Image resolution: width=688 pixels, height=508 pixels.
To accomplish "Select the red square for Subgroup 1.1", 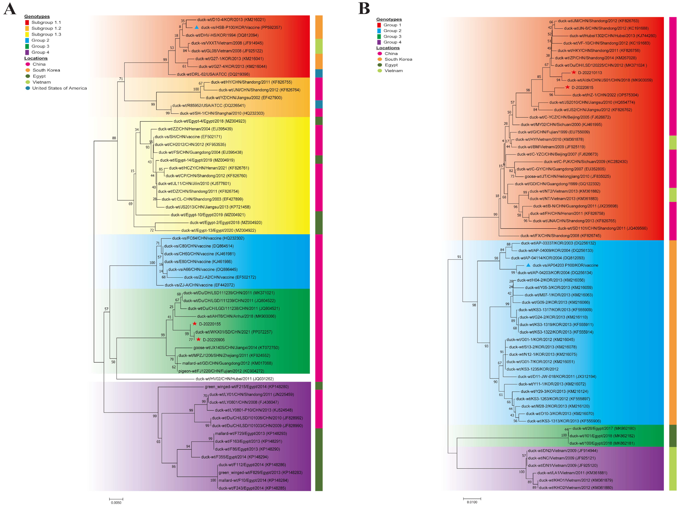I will tap(27, 22).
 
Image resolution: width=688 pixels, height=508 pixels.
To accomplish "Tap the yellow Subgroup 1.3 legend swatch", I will tap(27, 34).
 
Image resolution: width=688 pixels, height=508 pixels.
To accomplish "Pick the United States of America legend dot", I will tap(28, 88).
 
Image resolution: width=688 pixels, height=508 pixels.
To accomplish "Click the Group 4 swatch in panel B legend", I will tap(379, 42).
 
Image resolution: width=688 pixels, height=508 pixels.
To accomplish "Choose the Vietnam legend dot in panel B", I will tap(380, 71).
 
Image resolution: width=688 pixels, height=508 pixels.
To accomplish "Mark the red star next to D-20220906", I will tap(198, 340).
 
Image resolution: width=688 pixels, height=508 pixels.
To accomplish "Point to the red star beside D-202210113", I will tap(574, 72).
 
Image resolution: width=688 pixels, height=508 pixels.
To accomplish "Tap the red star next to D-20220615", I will tap(567, 87).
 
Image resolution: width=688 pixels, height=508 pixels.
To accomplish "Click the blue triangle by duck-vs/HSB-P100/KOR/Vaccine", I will tap(197, 27).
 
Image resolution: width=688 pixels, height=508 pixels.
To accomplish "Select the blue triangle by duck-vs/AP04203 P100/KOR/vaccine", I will tap(528, 265).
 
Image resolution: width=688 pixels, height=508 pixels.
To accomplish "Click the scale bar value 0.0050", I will tap(116, 503).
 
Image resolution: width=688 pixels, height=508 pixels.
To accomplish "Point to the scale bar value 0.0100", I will tap(472, 502).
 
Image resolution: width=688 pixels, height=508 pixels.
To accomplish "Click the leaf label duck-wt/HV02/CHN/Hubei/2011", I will tap(234, 379).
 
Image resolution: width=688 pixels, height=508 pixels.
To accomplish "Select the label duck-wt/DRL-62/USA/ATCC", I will tap(213, 74).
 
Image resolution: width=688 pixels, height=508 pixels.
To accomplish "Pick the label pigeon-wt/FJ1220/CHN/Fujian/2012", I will tap(221, 371).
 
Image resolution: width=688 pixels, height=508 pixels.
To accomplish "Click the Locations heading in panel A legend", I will tap(36, 58).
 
